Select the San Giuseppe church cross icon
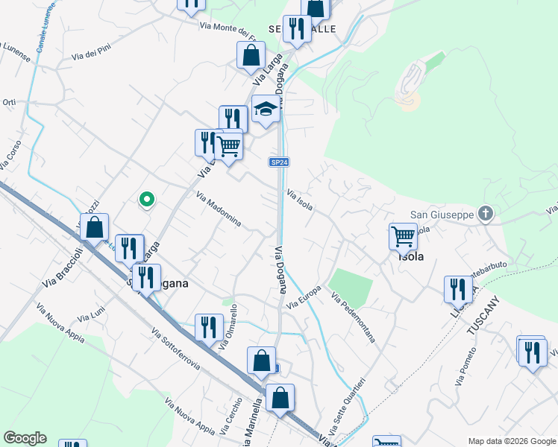[x=486, y=215]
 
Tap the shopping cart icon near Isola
[x=403, y=237]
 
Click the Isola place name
[x=412, y=256]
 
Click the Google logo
[x=25, y=438]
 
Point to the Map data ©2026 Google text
[x=511, y=440]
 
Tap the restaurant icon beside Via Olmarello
[x=209, y=327]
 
